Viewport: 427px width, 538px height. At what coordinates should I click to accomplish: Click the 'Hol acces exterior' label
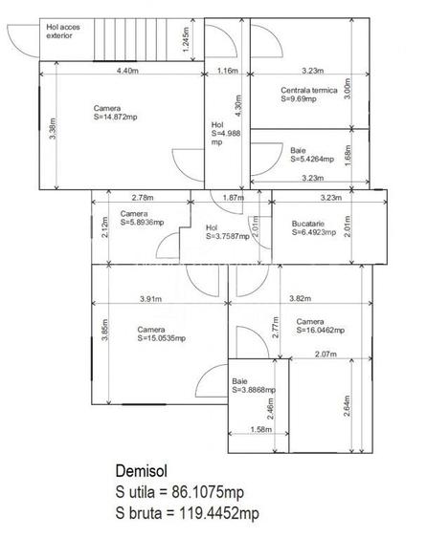[x=63, y=32]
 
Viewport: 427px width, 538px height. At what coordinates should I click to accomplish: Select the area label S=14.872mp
[x=116, y=117]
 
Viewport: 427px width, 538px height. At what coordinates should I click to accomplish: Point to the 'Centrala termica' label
[x=309, y=90]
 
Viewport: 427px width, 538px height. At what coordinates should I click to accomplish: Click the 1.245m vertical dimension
[x=186, y=39]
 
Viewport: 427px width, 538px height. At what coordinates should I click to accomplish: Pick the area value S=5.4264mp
[x=312, y=159]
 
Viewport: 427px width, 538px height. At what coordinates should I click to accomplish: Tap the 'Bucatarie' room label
[x=307, y=224]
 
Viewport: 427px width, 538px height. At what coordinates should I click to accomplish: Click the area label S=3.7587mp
[x=228, y=236]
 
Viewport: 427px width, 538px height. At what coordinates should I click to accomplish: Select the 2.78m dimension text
[x=143, y=198]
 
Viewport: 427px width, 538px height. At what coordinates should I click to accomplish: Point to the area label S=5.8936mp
[x=142, y=223]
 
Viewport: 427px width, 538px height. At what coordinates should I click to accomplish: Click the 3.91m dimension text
[x=150, y=299]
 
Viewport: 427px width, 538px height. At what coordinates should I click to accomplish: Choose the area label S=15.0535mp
[x=162, y=338]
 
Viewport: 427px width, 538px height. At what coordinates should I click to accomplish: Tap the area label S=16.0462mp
[x=321, y=330]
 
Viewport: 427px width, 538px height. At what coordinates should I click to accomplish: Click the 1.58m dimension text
[x=261, y=430]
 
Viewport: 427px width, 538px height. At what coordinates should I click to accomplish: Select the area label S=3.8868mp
[x=254, y=390]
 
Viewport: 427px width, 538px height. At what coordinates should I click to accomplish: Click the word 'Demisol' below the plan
[x=142, y=471]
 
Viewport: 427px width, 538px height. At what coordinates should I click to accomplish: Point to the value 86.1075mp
[x=208, y=492]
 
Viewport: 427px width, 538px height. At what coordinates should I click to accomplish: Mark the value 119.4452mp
[x=219, y=513]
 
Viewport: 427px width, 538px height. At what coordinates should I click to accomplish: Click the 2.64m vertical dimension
[x=347, y=406]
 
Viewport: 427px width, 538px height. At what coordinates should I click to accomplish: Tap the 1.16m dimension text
[x=228, y=71]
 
